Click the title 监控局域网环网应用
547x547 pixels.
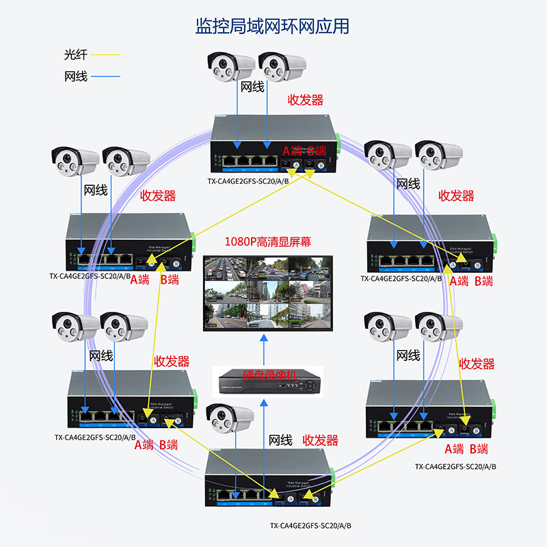coord(273,26)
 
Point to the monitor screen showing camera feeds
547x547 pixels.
coord(267,291)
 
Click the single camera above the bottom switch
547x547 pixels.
coord(230,418)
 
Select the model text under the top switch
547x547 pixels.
coord(248,182)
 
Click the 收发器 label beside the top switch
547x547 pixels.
coord(305,100)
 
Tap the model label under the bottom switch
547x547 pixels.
coord(310,526)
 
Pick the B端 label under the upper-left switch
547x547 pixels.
coord(169,280)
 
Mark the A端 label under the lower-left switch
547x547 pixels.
coord(144,444)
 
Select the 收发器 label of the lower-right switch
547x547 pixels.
coord(477,364)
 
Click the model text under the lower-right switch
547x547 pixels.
coord(455,466)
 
